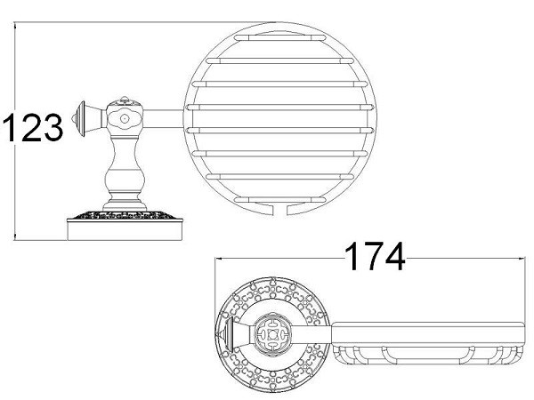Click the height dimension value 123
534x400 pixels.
coord(33,128)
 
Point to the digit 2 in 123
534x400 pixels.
coord(33,128)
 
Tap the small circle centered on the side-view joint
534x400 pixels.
coord(125,116)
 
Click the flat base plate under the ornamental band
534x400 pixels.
coord(125,230)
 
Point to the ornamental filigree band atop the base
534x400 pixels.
coord(125,216)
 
